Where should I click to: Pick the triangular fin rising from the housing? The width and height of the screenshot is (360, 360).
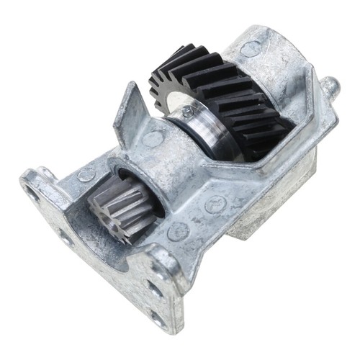tap(128, 115)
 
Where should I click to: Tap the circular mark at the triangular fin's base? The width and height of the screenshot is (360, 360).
tap(153, 138)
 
